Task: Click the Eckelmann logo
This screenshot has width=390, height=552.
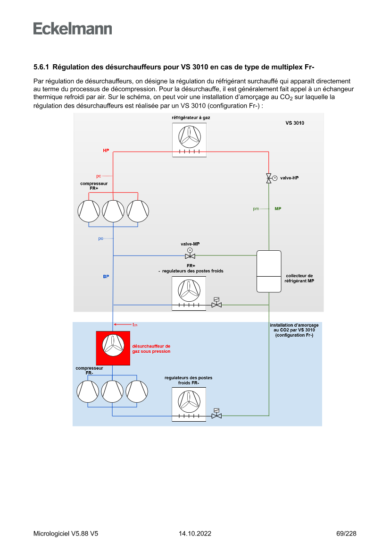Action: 73,28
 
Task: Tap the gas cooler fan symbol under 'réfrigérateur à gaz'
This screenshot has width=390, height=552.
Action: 189,136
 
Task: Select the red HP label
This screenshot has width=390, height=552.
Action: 106,150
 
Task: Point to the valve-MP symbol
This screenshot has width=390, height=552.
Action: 190,255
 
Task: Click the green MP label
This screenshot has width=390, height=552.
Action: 278,208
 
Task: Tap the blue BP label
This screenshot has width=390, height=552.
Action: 106,276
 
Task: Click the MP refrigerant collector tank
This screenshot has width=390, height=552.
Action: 268,272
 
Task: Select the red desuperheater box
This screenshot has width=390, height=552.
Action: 113,348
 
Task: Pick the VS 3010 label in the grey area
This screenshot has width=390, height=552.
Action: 295,123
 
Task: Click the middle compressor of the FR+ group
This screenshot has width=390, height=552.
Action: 113,211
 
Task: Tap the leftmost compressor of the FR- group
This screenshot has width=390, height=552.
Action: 89,391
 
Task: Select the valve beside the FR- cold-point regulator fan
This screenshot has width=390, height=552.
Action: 217,415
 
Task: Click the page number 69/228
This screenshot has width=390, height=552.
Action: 346,534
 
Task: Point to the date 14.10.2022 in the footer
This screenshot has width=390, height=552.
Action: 195,534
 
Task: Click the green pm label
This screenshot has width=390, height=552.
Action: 256,209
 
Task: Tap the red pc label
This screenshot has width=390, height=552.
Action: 99,176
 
